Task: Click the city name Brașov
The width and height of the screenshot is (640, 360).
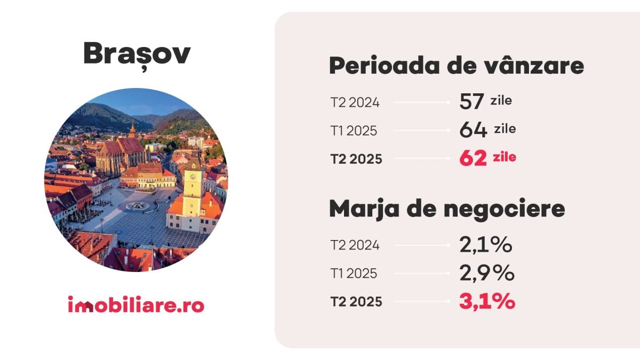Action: point(137,54)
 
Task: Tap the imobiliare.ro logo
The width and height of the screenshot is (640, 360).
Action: point(136,306)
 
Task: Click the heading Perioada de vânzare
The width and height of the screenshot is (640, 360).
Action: point(457,66)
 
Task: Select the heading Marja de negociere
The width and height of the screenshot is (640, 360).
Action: point(447,209)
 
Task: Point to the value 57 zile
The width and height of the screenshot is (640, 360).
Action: point(485,101)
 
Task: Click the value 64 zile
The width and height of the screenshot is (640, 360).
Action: point(487,130)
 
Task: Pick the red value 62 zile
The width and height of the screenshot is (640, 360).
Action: point(487,158)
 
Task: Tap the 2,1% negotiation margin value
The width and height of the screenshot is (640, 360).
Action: point(486,245)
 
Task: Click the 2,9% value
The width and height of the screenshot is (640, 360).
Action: point(486,273)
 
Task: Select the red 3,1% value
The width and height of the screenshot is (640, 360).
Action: point(487,302)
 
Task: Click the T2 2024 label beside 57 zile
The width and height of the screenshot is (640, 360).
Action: point(355,102)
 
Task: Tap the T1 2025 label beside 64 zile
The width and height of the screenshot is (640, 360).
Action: point(354,131)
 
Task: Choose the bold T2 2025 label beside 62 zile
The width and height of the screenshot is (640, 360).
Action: point(356,159)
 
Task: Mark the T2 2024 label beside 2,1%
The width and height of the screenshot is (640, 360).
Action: point(355,245)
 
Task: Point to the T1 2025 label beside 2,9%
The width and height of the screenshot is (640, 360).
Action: point(354,274)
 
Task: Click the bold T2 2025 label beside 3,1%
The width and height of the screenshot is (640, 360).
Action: point(356,302)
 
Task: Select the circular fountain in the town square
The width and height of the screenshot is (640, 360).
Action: point(138,206)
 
